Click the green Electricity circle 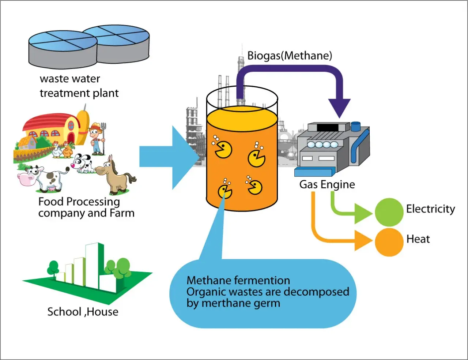pyautogui.click(x=389, y=212)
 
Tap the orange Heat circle pyautogui.click(x=389, y=242)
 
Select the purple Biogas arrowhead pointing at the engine pyautogui.click(x=339, y=107)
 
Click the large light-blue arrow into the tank pyautogui.click(x=168, y=157)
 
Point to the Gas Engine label pyautogui.click(x=327, y=184)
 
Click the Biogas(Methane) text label pyautogui.click(x=290, y=56)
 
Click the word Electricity pyautogui.click(x=430, y=209)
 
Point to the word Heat pyautogui.click(x=418, y=239)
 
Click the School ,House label pyautogui.click(x=83, y=312)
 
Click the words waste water pyautogui.click(x=70, y=79)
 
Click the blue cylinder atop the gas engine pyautogui.click(x=355, y=127)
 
